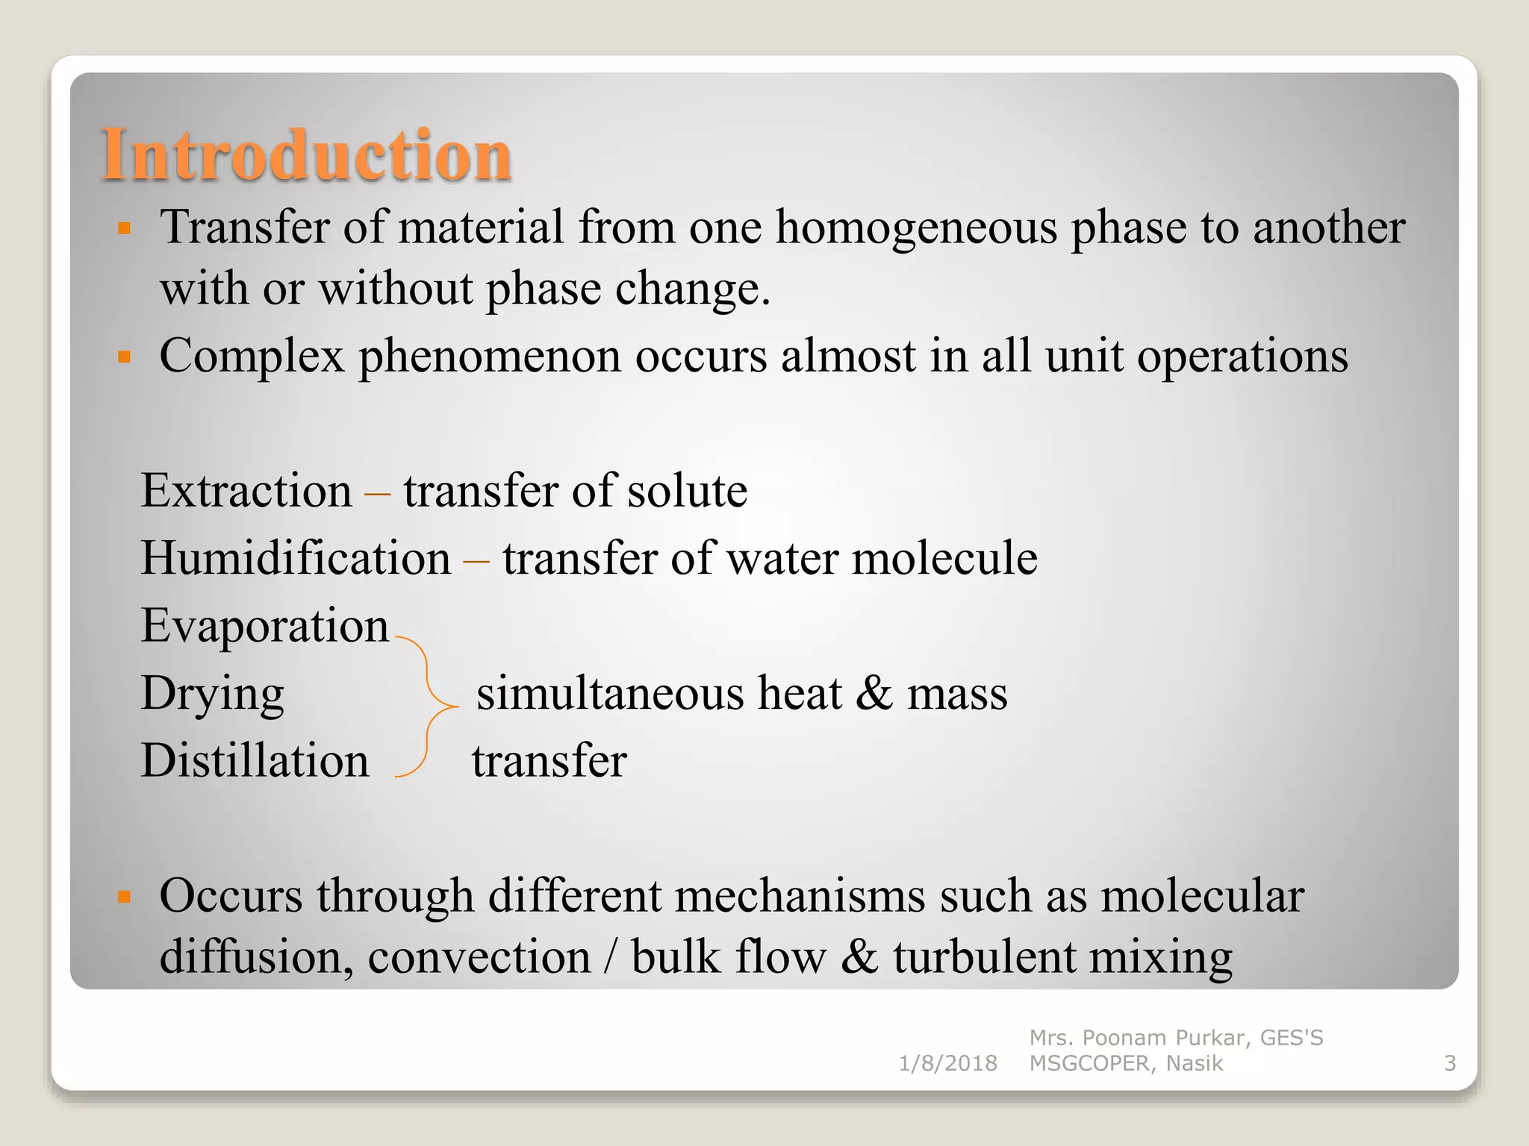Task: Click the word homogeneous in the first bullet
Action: pos(916,228)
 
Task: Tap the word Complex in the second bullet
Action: pos(252,356)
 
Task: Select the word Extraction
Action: pos(246,491)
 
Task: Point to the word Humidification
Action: pos(296,558)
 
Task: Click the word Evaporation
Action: pos(264,625)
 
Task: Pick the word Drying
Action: pos(212,694)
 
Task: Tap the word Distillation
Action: pos(255,761)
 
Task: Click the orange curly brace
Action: pos(427,706)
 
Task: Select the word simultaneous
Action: pos(610,693)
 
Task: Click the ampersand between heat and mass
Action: pos(874,693)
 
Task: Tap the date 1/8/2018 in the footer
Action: pos(947,1063)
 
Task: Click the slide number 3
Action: pos(1449,1063)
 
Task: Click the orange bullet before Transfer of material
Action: pos(124,228)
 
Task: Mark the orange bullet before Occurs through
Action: pos(124,896)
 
